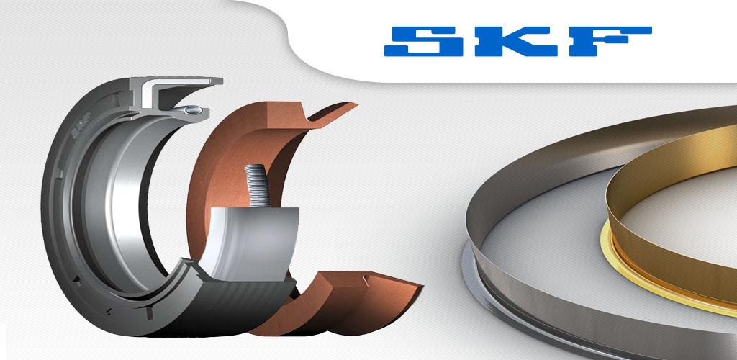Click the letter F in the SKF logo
coord(610,41)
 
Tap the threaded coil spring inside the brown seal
coord(257,185)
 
